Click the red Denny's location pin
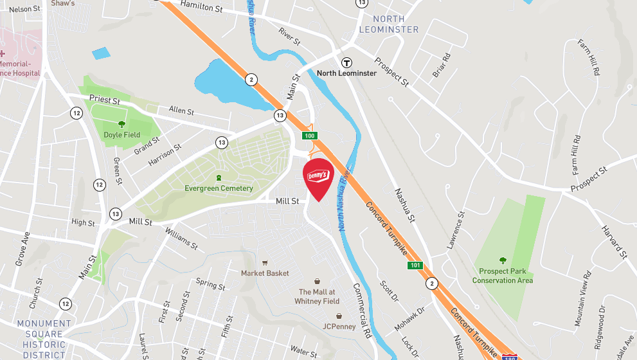click(x=318, y=177)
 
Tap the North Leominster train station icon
click(x=346, y=62)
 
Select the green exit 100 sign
click(x=310, y=136)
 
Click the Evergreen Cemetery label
click(x=219, y=188)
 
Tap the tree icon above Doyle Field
click(x=121, y=124)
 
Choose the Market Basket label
click(x=265, y=273)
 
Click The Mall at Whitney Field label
click(x=316, y=296)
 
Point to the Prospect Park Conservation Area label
click(x=503, y=276)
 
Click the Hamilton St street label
click(x=201, y=7)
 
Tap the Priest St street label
click(x=105, y=100)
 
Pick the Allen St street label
click(x=181, y=111)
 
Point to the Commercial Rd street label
click(x=362, y=311)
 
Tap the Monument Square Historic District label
click(x=44, y=339)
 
